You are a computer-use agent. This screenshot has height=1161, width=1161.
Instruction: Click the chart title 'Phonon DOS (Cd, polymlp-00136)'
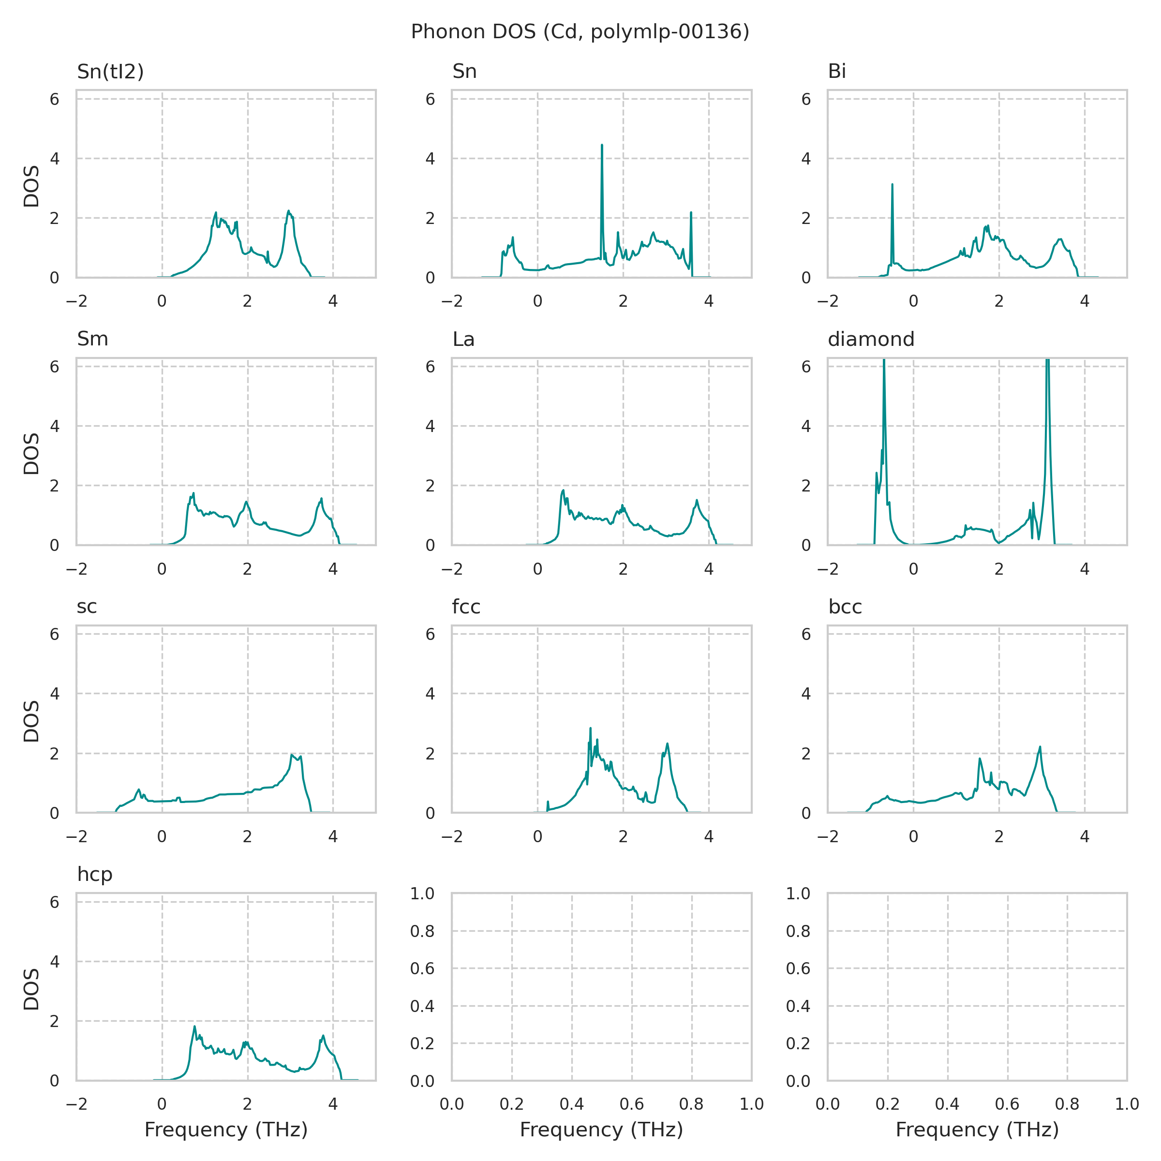click(x=580, y=32)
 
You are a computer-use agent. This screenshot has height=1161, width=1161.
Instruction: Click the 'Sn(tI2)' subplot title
click(x=111, y=72)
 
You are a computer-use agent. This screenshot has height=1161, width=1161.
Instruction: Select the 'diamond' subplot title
click(x=871, y=340)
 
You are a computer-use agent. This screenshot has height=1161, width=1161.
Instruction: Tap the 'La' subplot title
click(x=463, y=340)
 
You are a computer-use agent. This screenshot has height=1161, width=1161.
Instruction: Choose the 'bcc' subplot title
click(x=845, y=607)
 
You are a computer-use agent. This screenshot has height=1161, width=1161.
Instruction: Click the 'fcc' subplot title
click(x=466, y=607)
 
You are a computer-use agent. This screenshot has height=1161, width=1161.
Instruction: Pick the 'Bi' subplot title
click(x=836, y=72)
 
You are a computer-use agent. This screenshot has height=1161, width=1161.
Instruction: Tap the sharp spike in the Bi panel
click(x=893, y=185)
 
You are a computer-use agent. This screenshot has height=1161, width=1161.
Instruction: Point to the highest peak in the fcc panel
click(x=590, y=729)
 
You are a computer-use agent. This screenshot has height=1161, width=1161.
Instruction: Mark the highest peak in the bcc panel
click(x=1040, y=747)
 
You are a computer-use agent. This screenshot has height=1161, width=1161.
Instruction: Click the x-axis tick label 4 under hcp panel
click(x=333, y=1104)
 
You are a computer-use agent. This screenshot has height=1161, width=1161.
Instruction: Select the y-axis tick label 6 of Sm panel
click(x=55, y=367)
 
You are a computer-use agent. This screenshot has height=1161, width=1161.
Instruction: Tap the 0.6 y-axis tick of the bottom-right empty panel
click(x=798, y=968)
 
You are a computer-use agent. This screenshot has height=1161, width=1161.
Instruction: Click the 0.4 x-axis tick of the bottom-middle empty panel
click(x=571, y=1104)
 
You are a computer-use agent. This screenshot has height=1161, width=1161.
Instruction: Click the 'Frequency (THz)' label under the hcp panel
click(x=226, y=1130)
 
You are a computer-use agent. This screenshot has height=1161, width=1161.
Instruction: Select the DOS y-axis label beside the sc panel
click(x=31, y=721)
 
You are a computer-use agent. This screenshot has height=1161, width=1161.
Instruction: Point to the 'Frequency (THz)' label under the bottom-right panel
click(x=977, y=1130)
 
